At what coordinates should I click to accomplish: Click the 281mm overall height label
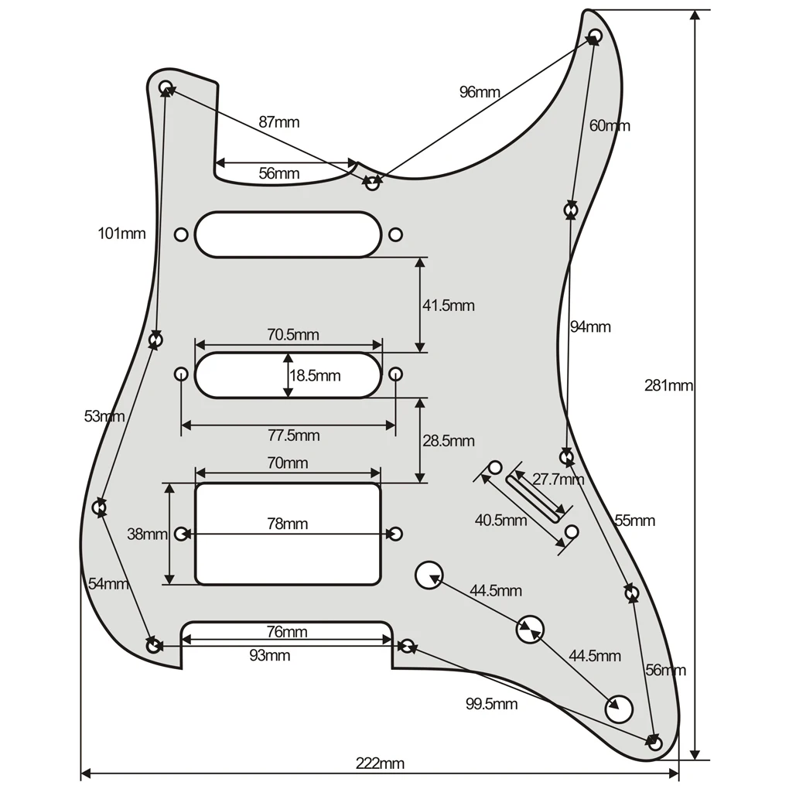tap(668, 385)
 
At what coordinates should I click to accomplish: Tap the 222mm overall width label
tap(380, 763)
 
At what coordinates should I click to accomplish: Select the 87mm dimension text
tap(278, 122)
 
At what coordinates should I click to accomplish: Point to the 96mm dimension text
tap(480, 92)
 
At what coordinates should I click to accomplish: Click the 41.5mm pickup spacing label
tap(448, 306)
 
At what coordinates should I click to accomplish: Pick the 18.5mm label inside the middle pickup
tap(315, 376)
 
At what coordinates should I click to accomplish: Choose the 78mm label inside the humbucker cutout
tap(287, 524)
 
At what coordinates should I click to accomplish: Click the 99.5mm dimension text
tap(491, 704)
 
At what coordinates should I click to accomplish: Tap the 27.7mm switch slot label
tap(558, 480)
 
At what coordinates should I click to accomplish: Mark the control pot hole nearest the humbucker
tap(429, 576)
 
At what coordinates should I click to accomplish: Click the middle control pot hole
tap(530, 629)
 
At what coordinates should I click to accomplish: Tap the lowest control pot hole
tap(619, 709)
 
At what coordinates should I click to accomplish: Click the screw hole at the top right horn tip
tap(595, 36)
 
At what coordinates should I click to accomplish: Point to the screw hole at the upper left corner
tap(166, 87)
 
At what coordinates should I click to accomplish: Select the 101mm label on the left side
tap(121, 233)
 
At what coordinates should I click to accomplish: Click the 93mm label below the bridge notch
tap(269, 656)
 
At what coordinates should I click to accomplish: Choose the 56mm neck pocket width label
tap(278, 173)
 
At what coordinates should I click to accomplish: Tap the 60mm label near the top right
tap(610, 125)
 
